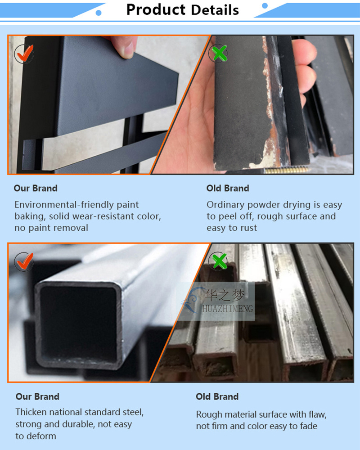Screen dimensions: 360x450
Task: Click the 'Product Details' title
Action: [183, 10]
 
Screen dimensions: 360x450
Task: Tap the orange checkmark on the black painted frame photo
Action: [25, 54]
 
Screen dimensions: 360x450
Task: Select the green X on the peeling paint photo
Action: [219, 53]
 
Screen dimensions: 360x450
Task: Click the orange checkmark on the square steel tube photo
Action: [25, 261]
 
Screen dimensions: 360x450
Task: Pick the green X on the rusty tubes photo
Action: [219, 261]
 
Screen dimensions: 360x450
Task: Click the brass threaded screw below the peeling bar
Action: [287, 171]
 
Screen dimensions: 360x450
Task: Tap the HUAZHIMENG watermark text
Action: [228, 309]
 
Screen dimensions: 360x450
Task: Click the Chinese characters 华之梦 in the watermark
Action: [225, 295]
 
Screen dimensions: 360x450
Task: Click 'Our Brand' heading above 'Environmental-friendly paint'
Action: [36, 188]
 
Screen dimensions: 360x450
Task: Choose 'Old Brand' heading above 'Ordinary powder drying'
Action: [228, 188]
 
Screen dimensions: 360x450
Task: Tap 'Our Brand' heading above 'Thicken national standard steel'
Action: [37, 396]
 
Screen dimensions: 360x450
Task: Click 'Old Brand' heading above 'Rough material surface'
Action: [217, 396]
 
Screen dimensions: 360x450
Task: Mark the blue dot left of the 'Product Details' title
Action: [99, 13]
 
